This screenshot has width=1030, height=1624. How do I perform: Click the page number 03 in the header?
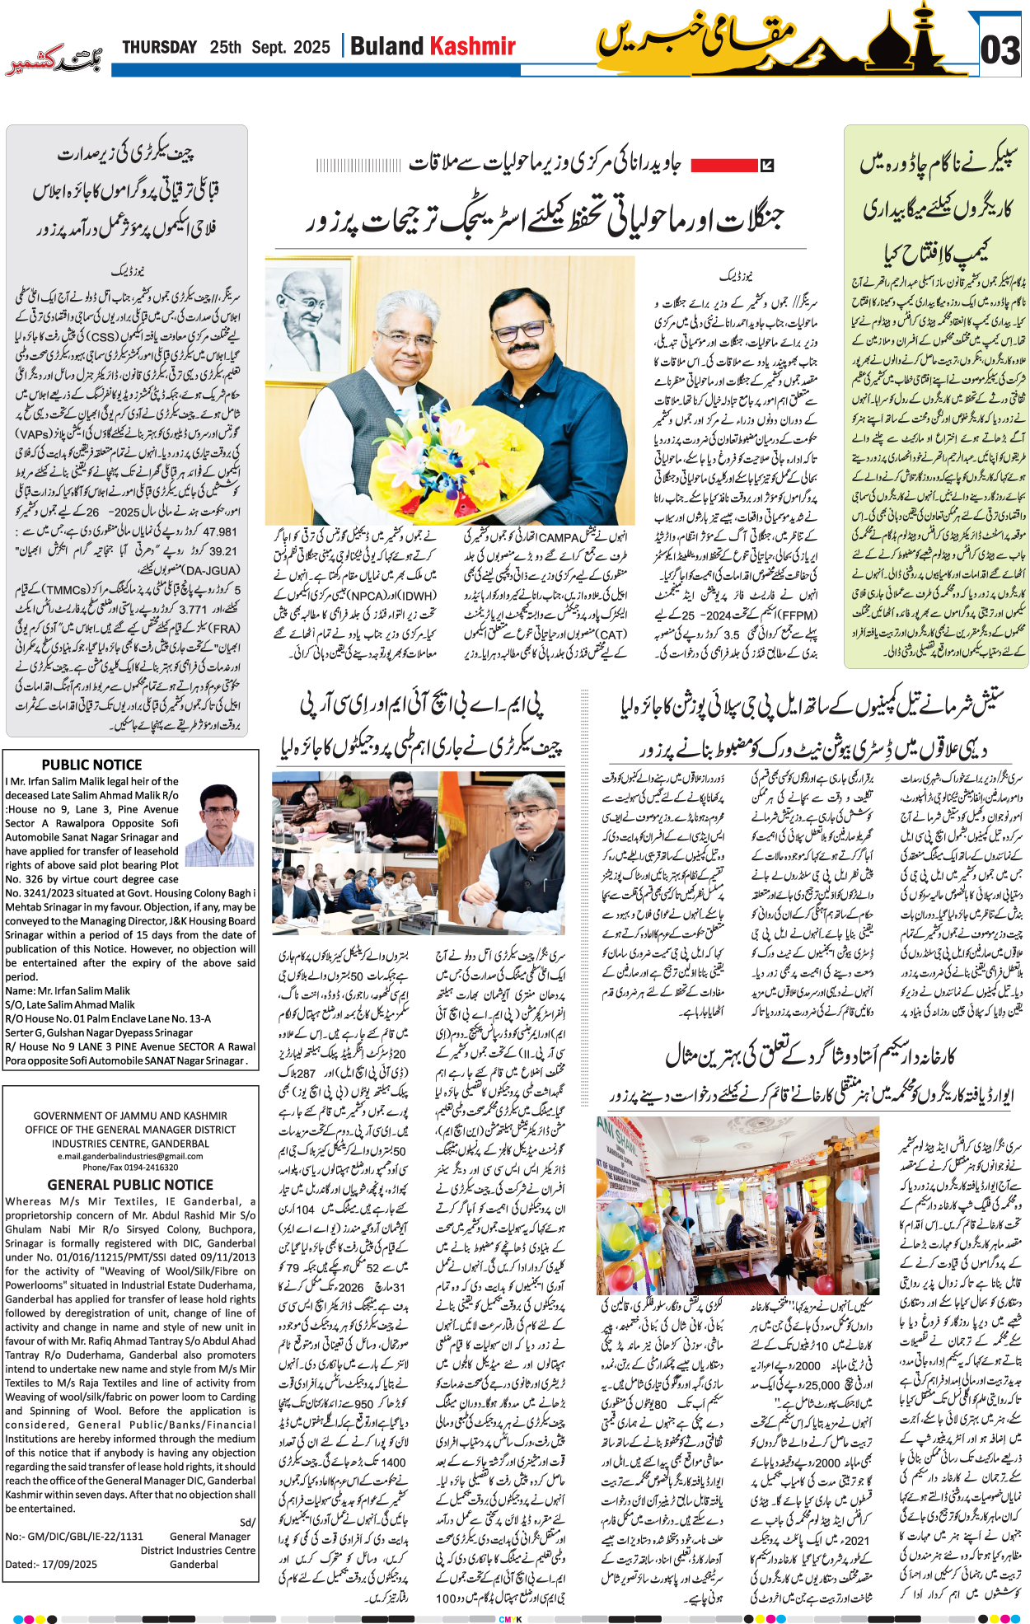(1000, 50)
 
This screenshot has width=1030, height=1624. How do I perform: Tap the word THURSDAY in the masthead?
(160, 48)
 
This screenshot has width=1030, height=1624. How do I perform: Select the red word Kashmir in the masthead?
(474, 46)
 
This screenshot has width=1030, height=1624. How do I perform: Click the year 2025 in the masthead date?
(312, 48)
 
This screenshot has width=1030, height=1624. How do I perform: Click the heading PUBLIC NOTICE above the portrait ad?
(91, 765)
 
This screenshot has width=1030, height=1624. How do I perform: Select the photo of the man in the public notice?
(221, 823)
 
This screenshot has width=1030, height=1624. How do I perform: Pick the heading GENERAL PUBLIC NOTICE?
(130, 1185)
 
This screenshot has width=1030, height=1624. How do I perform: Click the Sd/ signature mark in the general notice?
(247, 1522)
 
